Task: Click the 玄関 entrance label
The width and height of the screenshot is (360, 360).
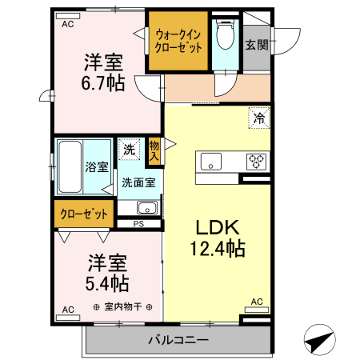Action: coord(256,45)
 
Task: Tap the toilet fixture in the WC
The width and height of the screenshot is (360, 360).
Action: coord(225,37)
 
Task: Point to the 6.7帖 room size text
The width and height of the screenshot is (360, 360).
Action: coord(104,82)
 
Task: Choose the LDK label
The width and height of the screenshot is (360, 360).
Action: coord(214,227)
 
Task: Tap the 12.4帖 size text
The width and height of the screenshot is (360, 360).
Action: coord(218,249)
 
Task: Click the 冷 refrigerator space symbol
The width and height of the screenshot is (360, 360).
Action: coord(258,117)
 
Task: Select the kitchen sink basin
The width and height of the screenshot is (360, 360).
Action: coord(211,160)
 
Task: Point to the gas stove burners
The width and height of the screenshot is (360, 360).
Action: coord(256,161)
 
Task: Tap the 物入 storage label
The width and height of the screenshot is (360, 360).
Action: coord(154,149)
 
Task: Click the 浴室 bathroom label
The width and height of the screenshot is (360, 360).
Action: coord(96,168)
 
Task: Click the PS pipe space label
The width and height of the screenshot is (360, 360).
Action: coord(138,223)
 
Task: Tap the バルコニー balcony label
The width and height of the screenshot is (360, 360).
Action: coord(178,341)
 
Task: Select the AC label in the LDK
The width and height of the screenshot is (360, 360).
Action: coord(257,302)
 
